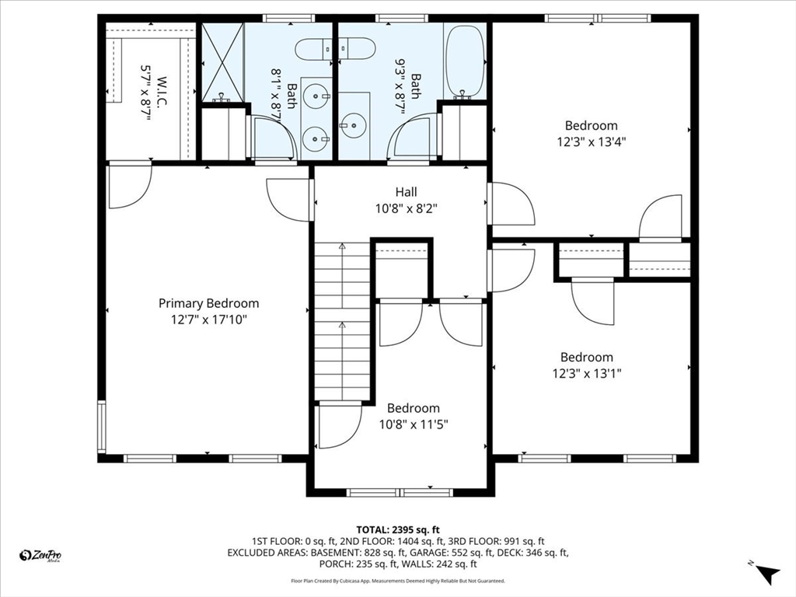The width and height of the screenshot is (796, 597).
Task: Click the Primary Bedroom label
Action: tap(208, 304)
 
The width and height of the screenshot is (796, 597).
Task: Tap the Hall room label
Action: tap(406, 192)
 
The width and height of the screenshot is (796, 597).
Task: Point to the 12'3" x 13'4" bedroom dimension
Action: tap(592, 141)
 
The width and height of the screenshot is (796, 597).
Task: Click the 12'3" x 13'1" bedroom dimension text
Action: tap(587, 374)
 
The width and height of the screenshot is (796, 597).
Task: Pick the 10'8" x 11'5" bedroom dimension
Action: tap(414, 424)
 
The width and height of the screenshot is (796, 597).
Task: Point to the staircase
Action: tap(342, 321)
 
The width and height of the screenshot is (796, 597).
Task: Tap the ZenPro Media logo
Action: tap(40, 556)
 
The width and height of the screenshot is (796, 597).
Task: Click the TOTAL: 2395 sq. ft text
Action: tap(398, 530)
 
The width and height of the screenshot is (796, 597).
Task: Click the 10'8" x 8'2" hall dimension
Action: tap(406, 208)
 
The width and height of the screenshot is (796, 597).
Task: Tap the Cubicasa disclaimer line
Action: tap(398, 581)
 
